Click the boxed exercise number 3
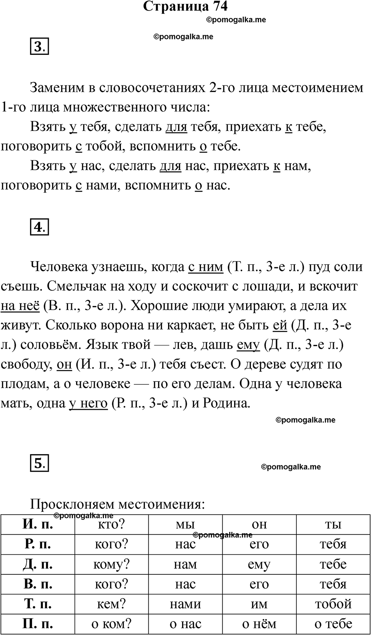pyautogui.click(x=39, y=47)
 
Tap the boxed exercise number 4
pyautogui.click(x=39, y=227)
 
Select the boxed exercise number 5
pyautogui.click(x=39, y=463)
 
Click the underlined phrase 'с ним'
pyautogui.click(x=206, y=267)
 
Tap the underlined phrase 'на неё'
pyautogui.click(x=20, y=306)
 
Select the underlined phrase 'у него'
pyautogui.click(x=88, y=403)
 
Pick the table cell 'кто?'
pyautogui.click(x=111, y=525)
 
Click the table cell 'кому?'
pyautogui.click(x=111, y=564)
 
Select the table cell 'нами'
pyautogui.click(x=185, y=604)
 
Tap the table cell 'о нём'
pyautogui.click(x=259, y=624)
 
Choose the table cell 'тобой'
pyautogui.click(x=333, y=604)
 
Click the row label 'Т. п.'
pyautogui.click(x=38, y=604)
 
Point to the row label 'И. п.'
pyautogui.click(x=38, y=525)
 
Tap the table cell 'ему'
pyautogui.click(x=259, y=564)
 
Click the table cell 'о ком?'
pyautogui.click(x=111, y=624)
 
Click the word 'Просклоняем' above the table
pyautogui.click(x=72, y=504)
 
